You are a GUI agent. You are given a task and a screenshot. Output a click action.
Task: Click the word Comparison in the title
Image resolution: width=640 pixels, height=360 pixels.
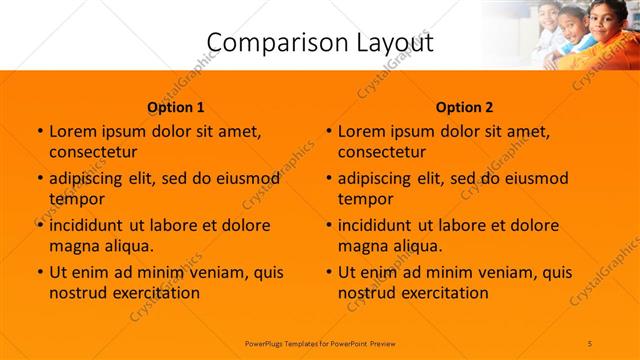265,42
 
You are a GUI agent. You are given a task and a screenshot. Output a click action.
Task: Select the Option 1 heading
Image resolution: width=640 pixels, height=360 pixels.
176,107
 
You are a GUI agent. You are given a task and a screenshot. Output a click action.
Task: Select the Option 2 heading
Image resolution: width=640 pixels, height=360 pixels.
465,107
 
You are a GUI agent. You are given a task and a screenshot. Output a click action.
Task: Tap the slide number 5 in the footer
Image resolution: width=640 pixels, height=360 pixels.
590,342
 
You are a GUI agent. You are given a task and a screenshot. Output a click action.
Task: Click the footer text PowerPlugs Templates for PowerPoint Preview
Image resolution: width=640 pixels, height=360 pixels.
320,342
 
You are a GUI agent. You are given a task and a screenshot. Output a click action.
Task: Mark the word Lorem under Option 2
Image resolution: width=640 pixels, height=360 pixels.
361,131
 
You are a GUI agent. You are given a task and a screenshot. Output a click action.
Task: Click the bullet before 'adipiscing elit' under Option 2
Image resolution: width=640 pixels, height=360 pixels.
328,179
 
